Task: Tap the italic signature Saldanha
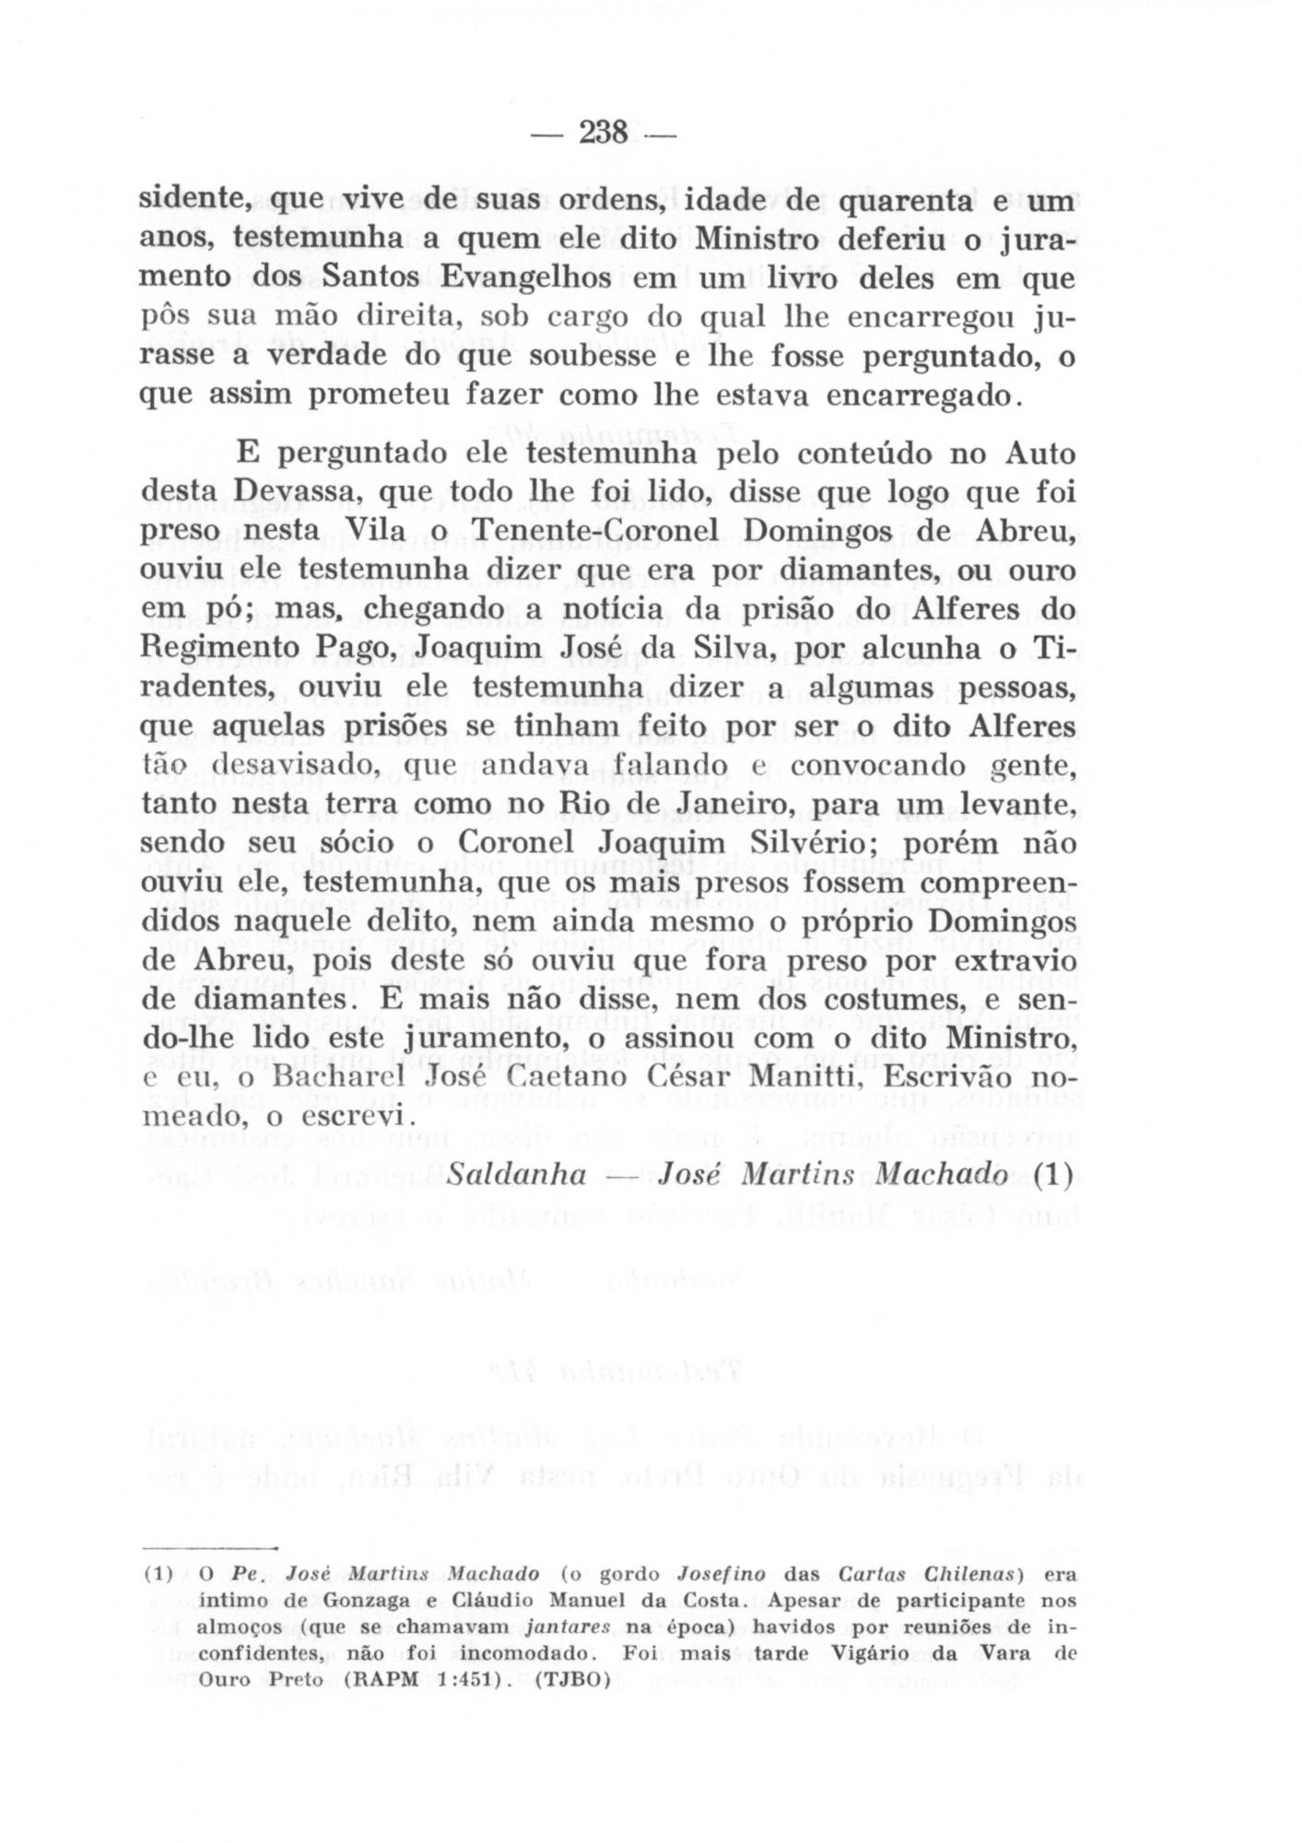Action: [x=516, y=1175]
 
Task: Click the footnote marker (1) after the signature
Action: [x=1053, y=1175]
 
